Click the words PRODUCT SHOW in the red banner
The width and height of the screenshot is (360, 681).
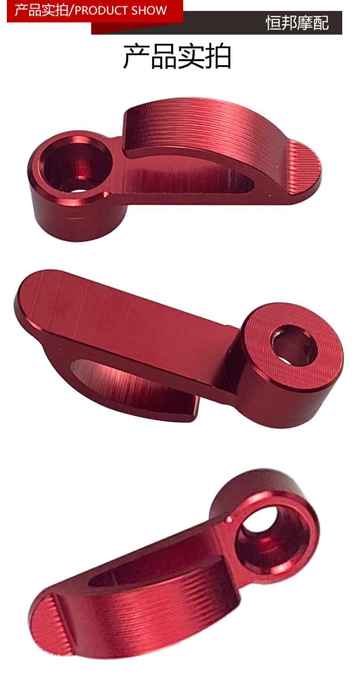[121, 10]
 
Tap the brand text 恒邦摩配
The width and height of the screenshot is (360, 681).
[297, 23]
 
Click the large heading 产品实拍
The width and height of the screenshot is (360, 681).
[177, 57]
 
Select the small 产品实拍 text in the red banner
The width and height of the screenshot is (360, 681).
[41, 10]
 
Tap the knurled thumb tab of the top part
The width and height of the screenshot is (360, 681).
[304, 168]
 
